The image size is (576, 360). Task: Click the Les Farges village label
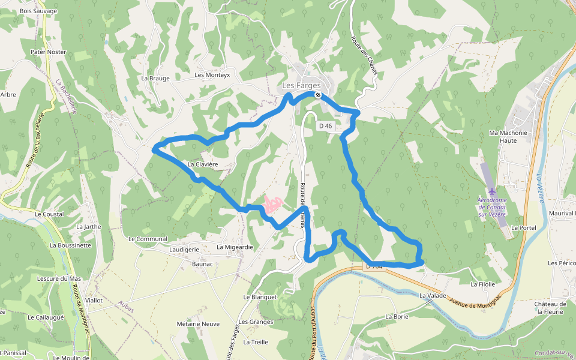302,86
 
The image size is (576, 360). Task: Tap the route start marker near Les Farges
317,95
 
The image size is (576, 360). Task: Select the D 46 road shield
325,126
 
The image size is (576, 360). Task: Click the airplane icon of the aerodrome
492,191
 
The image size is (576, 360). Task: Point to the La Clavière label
202,164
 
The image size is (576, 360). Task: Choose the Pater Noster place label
48,52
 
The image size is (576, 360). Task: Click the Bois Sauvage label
38,11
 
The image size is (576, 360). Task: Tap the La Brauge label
155,78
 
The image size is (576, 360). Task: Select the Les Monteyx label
212,75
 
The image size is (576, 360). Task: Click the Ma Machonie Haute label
508,137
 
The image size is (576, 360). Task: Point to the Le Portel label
523,228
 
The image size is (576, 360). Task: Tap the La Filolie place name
483,284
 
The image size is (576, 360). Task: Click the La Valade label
433,295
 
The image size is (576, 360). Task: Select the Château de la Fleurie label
550,308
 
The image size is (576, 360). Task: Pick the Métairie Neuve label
198,324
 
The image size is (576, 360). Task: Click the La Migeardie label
235,247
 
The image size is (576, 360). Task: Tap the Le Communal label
148,239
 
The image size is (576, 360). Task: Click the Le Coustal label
49,214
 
